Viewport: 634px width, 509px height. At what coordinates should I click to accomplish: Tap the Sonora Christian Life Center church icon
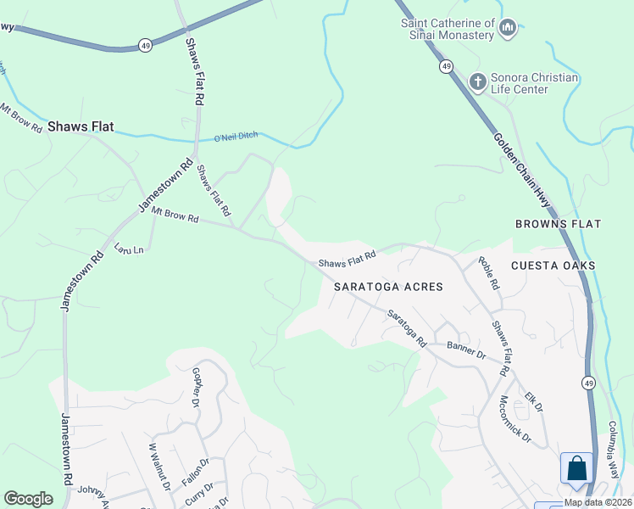click(478, 82)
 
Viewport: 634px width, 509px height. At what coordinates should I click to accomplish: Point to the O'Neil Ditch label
click(235, 137)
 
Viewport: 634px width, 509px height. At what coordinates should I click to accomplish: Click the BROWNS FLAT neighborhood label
click(558, 224)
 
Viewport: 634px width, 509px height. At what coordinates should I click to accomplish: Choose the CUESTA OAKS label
click(553, 266)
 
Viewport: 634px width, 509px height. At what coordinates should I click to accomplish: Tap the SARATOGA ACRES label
click(388, 287)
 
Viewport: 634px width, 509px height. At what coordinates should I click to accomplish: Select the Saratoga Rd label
click(407, 328)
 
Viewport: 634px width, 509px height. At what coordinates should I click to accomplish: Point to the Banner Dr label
click(466, 350)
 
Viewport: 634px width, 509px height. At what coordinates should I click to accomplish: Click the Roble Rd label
click(489, 274)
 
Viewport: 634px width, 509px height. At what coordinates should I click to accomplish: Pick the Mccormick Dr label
click(514, 420)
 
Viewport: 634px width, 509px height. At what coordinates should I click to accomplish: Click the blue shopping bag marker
click(576, 469)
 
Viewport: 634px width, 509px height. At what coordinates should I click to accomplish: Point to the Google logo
click(29, 499)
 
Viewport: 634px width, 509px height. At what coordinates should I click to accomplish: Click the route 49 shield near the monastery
click(446, 66)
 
